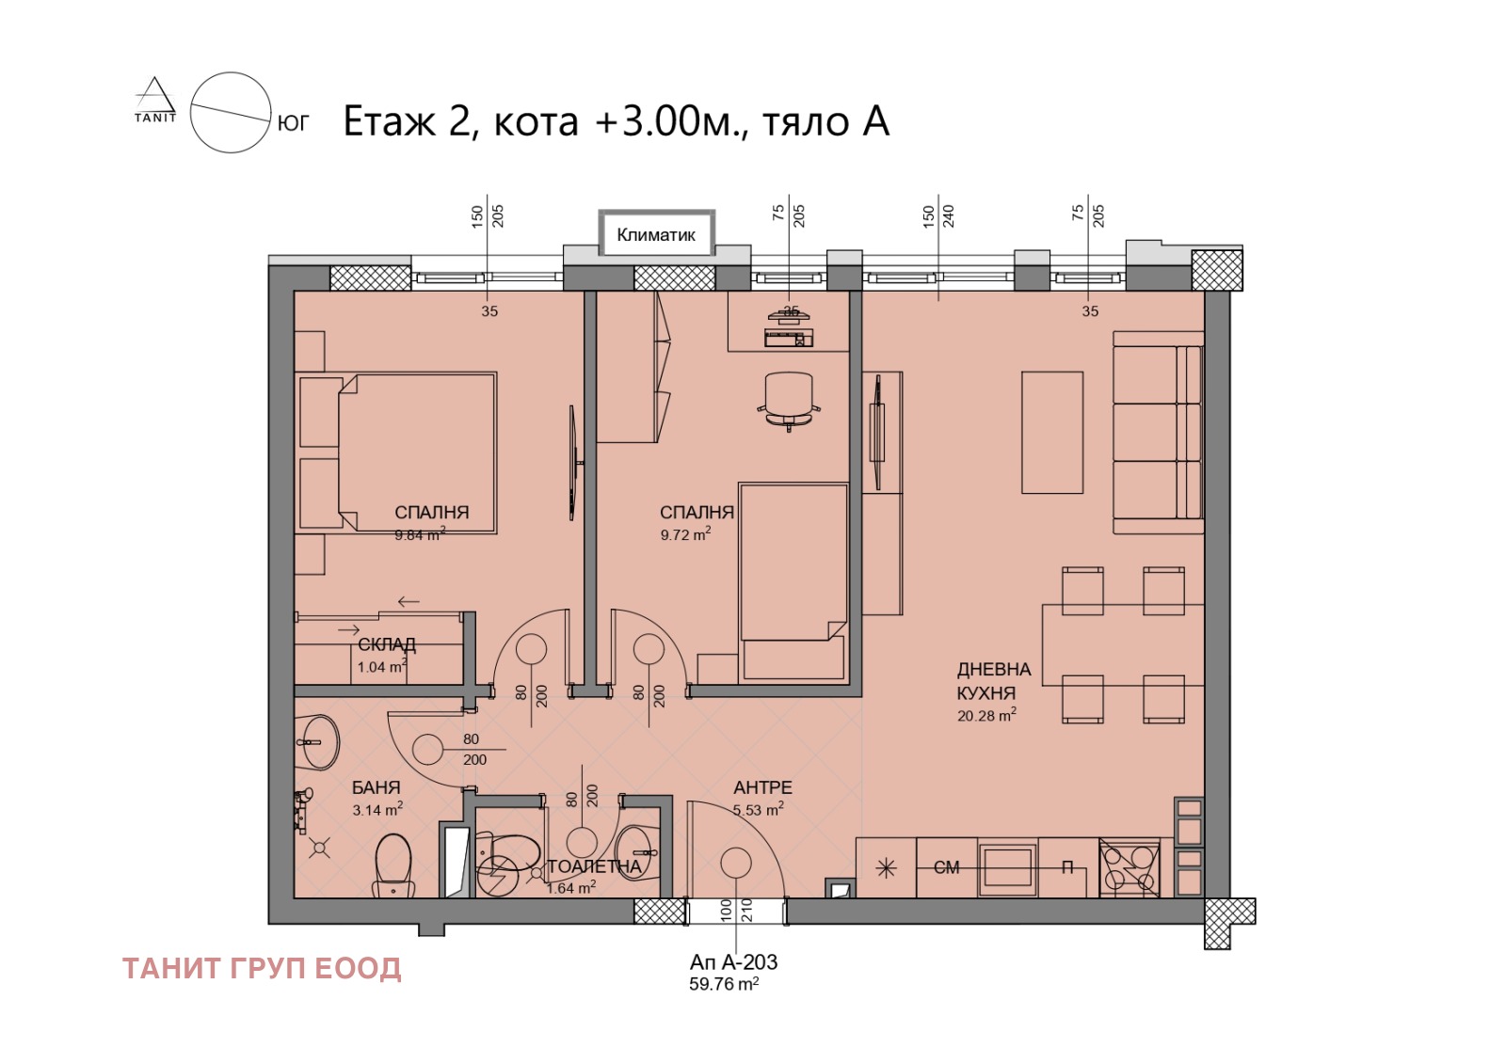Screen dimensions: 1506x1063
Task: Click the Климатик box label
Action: point(655,235)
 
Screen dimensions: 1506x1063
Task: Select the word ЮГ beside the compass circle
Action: point(293,123)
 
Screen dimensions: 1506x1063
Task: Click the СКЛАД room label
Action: point(387,644)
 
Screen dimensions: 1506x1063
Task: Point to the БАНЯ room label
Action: point(376,786)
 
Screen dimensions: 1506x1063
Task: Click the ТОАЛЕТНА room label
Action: point(594,866)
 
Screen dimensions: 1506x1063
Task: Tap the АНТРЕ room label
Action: point(762,786)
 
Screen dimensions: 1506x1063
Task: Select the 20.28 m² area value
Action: point(986,715)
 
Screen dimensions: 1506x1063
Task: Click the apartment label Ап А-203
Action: point(733,962)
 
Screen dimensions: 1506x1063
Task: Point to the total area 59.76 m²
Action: point(724,984)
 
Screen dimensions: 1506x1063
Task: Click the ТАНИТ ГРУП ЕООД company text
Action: point(262,969)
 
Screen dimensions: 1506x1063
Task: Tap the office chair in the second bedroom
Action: point(789,401)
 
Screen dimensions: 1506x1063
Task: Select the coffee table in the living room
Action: point(1052,433)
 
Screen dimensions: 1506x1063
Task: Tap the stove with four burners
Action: point(1129,867)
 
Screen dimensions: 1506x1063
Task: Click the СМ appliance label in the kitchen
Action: point(946,867)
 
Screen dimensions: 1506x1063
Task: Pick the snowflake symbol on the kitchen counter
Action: point(886,869)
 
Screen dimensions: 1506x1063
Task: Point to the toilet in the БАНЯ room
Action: point(393,865)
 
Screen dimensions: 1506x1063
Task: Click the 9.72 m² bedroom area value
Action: point(685,535)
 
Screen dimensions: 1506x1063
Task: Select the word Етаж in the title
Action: point(390,122)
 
